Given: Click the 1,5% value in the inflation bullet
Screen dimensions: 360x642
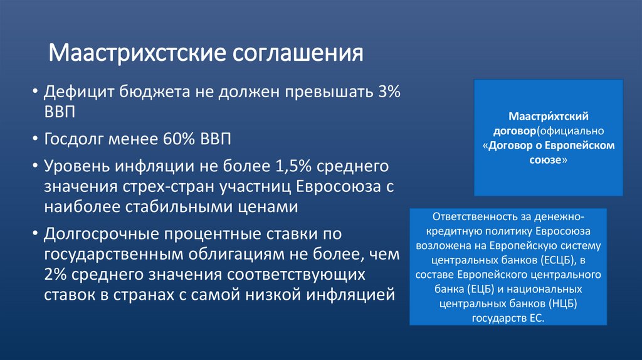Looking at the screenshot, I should (x=293, y=167).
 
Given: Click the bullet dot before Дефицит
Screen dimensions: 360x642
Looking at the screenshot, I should (x=35, y=93).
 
